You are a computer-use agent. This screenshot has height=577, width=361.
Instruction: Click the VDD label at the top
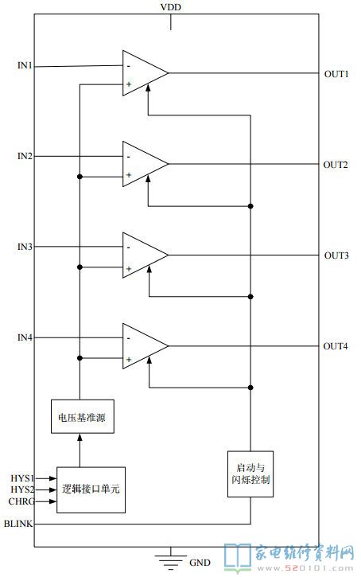click(171, 7)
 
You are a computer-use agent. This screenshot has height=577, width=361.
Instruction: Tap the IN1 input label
click(25, 65)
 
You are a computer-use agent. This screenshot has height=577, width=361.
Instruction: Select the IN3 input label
click(25, 247)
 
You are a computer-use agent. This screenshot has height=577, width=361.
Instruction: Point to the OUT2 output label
click(336, 165)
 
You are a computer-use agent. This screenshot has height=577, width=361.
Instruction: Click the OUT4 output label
click(336, 346)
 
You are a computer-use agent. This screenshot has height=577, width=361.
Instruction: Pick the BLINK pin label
click(18, 523)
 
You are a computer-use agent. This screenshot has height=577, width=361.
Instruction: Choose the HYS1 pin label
click(22, 478)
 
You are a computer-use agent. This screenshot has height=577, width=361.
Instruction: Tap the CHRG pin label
click(21, 501)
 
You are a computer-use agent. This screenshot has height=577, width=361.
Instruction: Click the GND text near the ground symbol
click(200, 563)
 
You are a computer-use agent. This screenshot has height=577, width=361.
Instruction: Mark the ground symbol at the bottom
click(171, 558)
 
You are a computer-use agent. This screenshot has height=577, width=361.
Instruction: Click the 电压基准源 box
click(83, 416)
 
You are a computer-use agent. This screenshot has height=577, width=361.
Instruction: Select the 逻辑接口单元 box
click(91, 489)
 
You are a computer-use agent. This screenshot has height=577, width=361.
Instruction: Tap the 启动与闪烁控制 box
click(250, 474)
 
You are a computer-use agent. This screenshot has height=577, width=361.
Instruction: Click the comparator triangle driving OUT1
click(146, 73)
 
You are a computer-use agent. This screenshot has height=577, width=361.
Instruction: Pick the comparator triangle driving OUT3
click(146, 255)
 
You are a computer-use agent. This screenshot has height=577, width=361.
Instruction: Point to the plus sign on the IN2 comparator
click(129, 175)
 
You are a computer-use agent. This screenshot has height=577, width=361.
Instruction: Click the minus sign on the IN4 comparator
click(129, 338)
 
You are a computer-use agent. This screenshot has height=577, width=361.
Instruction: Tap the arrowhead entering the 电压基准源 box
click(80, 437)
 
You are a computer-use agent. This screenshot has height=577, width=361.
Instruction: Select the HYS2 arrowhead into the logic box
click(52, 489)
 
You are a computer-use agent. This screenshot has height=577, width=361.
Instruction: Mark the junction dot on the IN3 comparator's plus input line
click(80, 267)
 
